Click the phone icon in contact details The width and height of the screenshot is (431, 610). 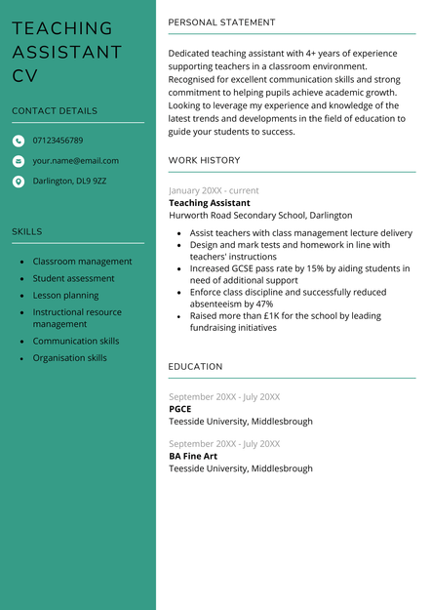(19, 141)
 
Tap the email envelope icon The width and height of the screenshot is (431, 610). (19, 161)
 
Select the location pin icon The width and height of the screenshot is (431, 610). (19, 182)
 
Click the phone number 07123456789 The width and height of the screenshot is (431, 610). (58, 141)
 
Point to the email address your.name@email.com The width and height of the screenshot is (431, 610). (75, 161)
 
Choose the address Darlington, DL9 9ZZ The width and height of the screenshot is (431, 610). (69, 182)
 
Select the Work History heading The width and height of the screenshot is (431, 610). (204, 160)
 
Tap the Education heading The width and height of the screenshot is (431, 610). (195, 367)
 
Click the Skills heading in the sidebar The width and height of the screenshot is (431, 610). (27, 232)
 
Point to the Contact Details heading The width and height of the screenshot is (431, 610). (55, 111)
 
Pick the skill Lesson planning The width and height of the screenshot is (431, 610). (65, 296)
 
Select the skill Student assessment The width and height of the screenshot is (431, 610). (73, 278)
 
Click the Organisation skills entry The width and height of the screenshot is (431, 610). (70, 358)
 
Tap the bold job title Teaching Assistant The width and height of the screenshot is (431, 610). (209, 203)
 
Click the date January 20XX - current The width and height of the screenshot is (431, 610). (214, 190)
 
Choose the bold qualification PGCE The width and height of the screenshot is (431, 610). (180, 409)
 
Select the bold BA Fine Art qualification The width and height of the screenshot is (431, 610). (193, 456)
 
